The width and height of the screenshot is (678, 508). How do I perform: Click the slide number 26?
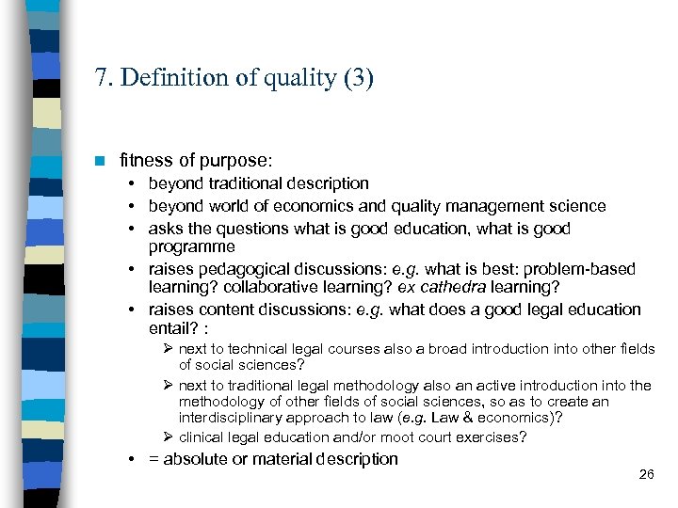pos(646,474)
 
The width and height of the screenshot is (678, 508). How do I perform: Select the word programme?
pos(192,246)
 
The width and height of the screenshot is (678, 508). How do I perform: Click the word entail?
pos(170,328)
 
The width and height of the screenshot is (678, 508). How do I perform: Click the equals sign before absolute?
pos(153,459)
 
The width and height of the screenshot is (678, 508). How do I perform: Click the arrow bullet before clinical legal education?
pos(169,437)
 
